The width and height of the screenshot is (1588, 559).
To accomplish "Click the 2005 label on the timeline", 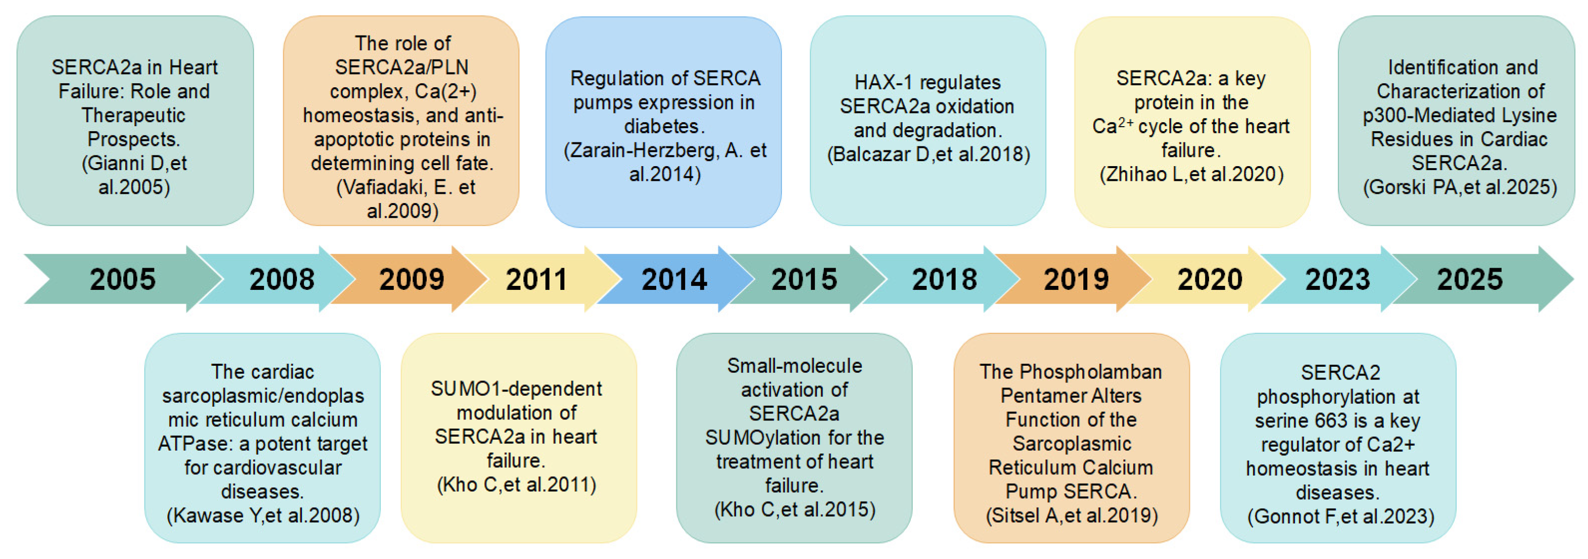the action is pyautogui.click(x=123, y=279).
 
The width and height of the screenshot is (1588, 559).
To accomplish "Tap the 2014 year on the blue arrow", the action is pyautogui.click(x=674, y=279).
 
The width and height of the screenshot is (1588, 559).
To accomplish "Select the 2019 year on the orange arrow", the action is pyautogui.click(x=1076, y=279).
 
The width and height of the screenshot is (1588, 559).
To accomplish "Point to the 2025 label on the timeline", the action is pyautogui.click(x=1470, y=279).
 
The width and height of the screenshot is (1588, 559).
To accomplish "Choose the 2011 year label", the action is pyautogui.click(x=536, y=279).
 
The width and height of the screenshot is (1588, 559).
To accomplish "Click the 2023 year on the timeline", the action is pyautogui.click(x=1338, y=279).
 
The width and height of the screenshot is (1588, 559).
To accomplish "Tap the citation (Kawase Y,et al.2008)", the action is pyautogui.click(x=263, y=515).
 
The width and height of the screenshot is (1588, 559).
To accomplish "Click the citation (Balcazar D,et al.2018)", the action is pyautogui.click(x=928, y=154).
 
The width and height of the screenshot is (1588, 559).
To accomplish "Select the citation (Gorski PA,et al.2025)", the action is pyautogui.click(x=1460, y=187).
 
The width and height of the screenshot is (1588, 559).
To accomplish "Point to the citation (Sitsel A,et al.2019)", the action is pyautogui.click(x=1072, y=515).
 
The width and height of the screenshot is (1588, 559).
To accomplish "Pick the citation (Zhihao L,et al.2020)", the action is pyautogui.click(x=1191, y=175).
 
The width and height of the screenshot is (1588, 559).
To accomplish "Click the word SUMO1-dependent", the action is pyautogui.click(x=517, y=389).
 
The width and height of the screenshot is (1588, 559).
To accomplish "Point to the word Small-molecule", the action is pyautogui.click(x=795, y=365).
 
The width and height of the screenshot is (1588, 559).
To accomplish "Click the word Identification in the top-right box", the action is pyautogui.click(x=1463, y=67).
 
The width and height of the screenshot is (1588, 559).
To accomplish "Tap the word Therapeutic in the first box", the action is pyautogui.click(x=134, y=115).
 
